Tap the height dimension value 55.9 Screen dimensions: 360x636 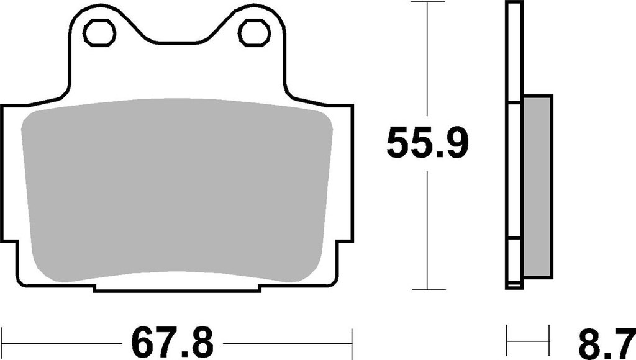(x=427, y=145)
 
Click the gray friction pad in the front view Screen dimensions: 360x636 (x=177, y=189)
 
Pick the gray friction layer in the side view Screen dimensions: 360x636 (x=538, y=186)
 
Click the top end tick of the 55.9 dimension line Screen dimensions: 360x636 (x=427, y=2)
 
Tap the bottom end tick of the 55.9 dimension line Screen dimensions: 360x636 (x=427, y=290)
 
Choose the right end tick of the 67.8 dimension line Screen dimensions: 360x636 (x=352, y=342)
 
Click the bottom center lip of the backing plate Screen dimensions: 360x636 (x=177, y=288)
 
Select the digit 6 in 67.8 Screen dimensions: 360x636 (x=142, y=342)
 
